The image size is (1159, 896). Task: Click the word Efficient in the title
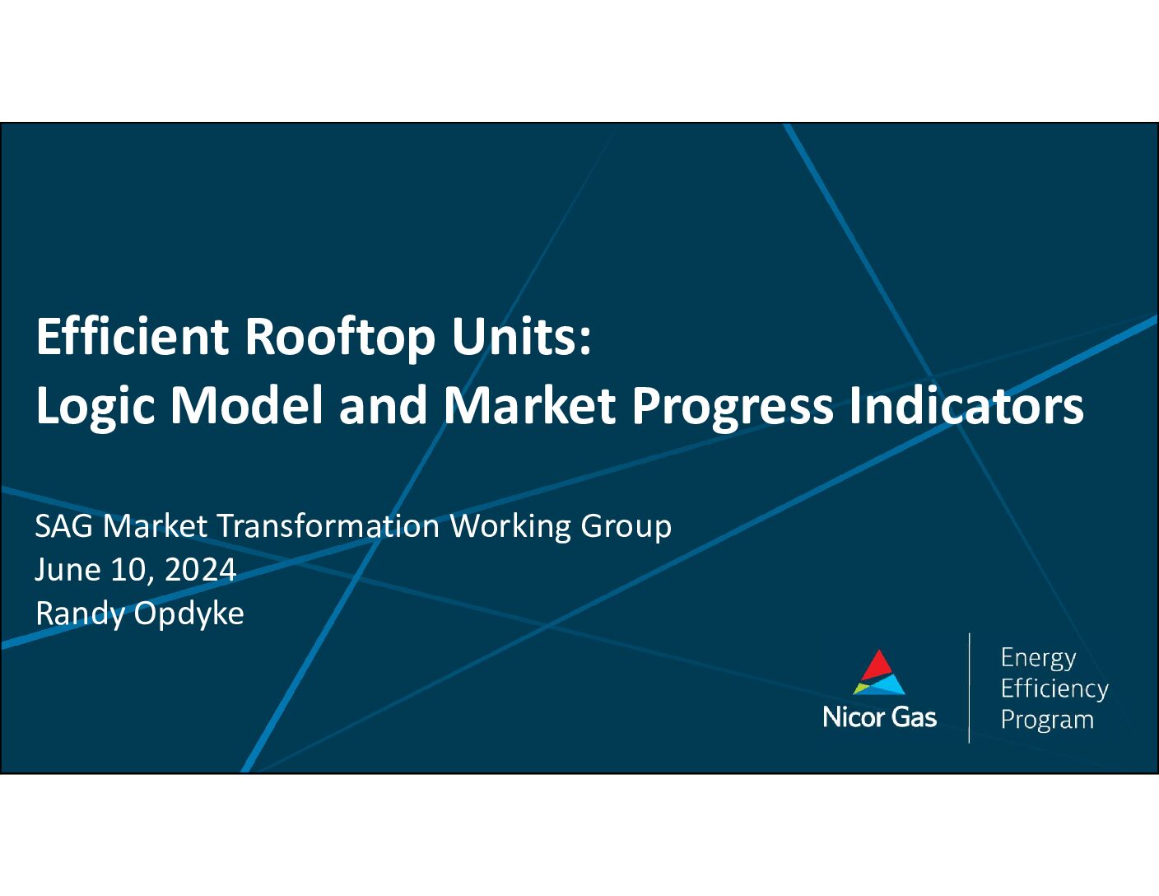click(x=133, y=337)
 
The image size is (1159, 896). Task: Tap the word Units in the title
click(x=521, y=337)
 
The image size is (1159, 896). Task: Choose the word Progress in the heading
click(x=732, y=407)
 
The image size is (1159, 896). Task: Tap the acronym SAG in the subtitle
click(x=63, y=526)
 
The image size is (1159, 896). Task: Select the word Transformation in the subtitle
click(x=328, y=526)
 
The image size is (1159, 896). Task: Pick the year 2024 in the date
click(x=201, y=570)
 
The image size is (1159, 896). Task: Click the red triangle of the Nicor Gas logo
click(x=878, y=666)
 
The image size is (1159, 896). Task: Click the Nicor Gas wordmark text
click(x=879, y=717)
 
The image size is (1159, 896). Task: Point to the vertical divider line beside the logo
click(x=969, y=688)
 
